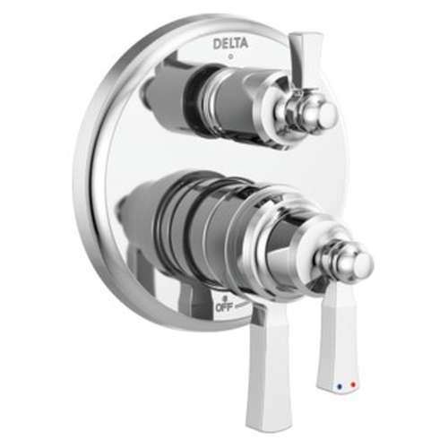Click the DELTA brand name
click(x=231, y=43)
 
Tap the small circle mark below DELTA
click(x=231, y=56)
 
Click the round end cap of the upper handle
click(x=323, y=113)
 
